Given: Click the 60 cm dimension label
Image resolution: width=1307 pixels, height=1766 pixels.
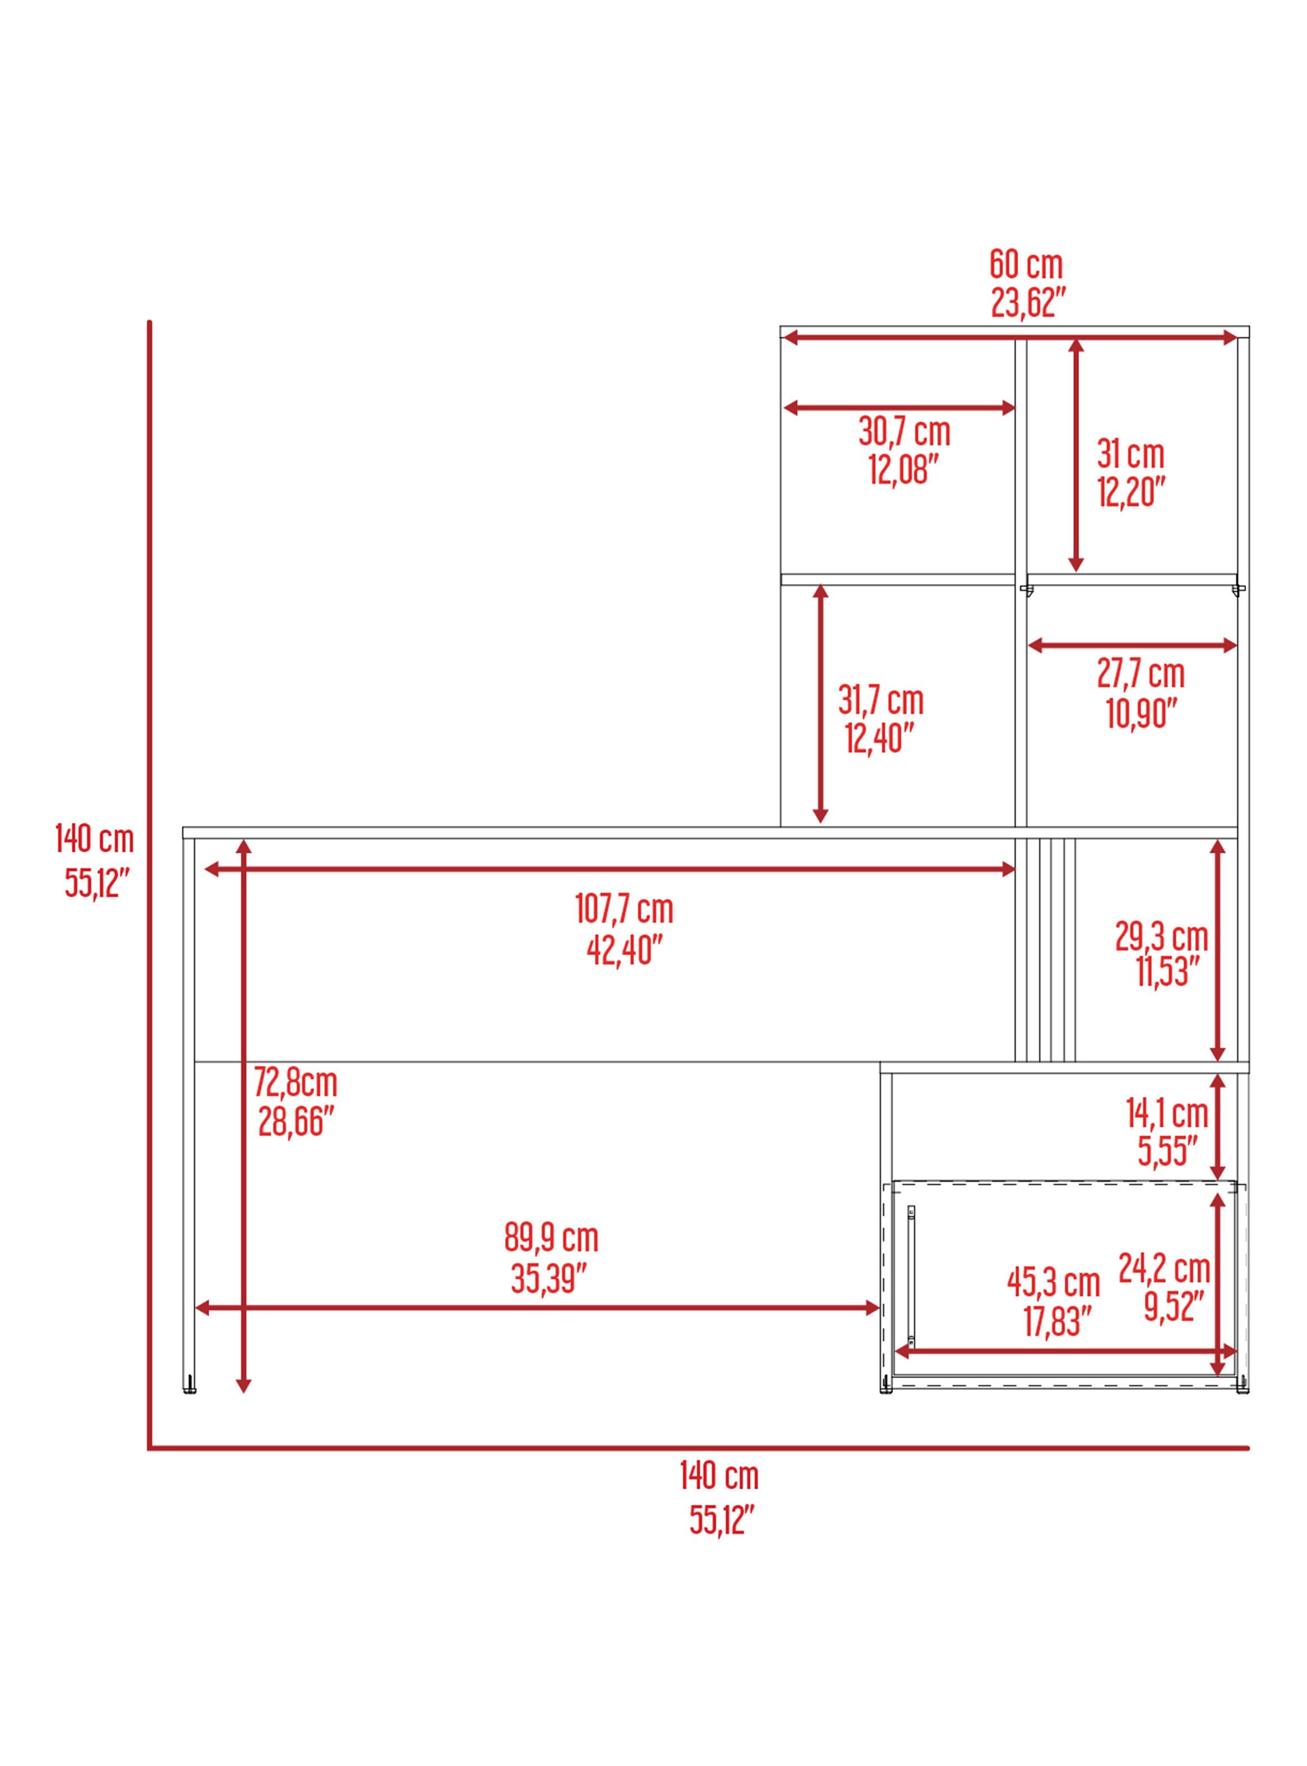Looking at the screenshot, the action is coord(1026,265).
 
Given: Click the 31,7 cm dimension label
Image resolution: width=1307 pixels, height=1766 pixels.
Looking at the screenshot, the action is coord(880,701).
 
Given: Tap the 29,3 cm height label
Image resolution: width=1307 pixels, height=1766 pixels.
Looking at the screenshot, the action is coord(1161,937).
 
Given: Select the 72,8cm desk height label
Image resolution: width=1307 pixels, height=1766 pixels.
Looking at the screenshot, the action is coord(295,1082).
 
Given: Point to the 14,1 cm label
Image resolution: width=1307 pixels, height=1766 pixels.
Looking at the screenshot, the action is coord(1167,1115).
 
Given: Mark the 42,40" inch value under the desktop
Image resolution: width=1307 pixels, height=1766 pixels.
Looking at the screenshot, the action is coord(624,950).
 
